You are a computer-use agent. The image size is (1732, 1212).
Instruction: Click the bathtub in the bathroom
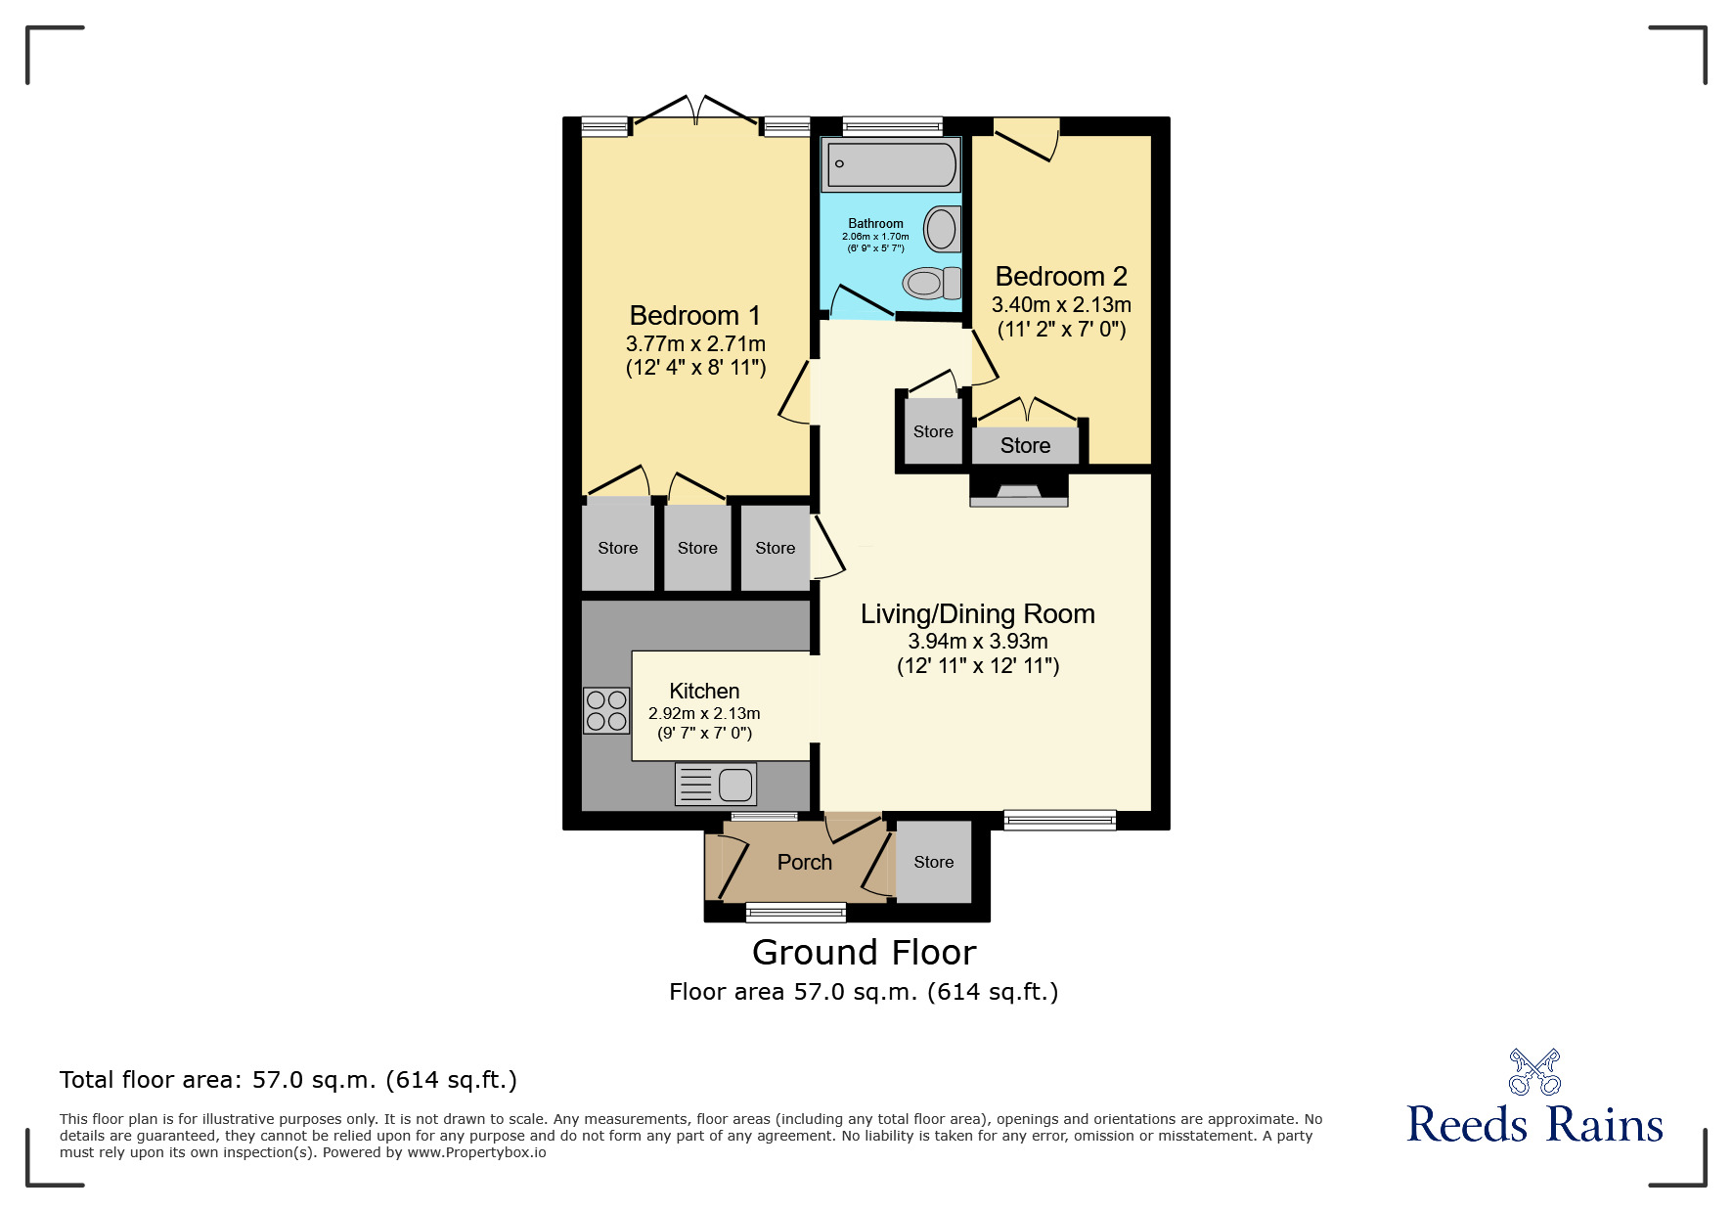tap(891, 164)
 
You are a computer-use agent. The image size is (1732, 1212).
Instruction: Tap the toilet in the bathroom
tap(932, 284)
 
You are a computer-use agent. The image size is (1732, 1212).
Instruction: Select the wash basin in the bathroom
tap(942, 230)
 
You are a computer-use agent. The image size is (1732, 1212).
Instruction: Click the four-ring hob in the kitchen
tap(606, 711)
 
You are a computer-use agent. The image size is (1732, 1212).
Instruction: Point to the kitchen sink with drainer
tap(716, 785)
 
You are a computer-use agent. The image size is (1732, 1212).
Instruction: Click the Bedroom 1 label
tap(694, 316)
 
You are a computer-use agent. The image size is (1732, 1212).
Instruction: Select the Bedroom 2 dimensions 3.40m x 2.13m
tap(1061, 305)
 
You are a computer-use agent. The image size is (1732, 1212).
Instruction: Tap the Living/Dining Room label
tap(977, 614)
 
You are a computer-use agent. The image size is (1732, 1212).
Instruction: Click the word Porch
tap(804, 863)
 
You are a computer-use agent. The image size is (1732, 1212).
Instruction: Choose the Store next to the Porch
tap(933, 862)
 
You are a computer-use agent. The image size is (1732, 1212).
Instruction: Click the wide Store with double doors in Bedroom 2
tap(1025, 446)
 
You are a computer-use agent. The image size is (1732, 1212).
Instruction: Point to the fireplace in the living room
tap(1018, 492)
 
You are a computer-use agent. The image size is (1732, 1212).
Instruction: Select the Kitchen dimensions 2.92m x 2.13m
tap(704, 714)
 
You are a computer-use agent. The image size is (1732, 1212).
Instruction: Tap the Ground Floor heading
tap(864, 953)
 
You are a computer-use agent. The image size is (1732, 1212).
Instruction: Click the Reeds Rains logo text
tap(1533, 1125)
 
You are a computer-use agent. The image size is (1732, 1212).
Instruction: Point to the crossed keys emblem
tap(1534, 1071)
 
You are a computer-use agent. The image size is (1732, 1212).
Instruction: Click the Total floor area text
tap(288, 1080)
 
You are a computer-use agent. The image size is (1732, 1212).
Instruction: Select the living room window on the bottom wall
tap(1059, 821)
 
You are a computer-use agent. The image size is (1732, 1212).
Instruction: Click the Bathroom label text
tap(875, 224)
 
